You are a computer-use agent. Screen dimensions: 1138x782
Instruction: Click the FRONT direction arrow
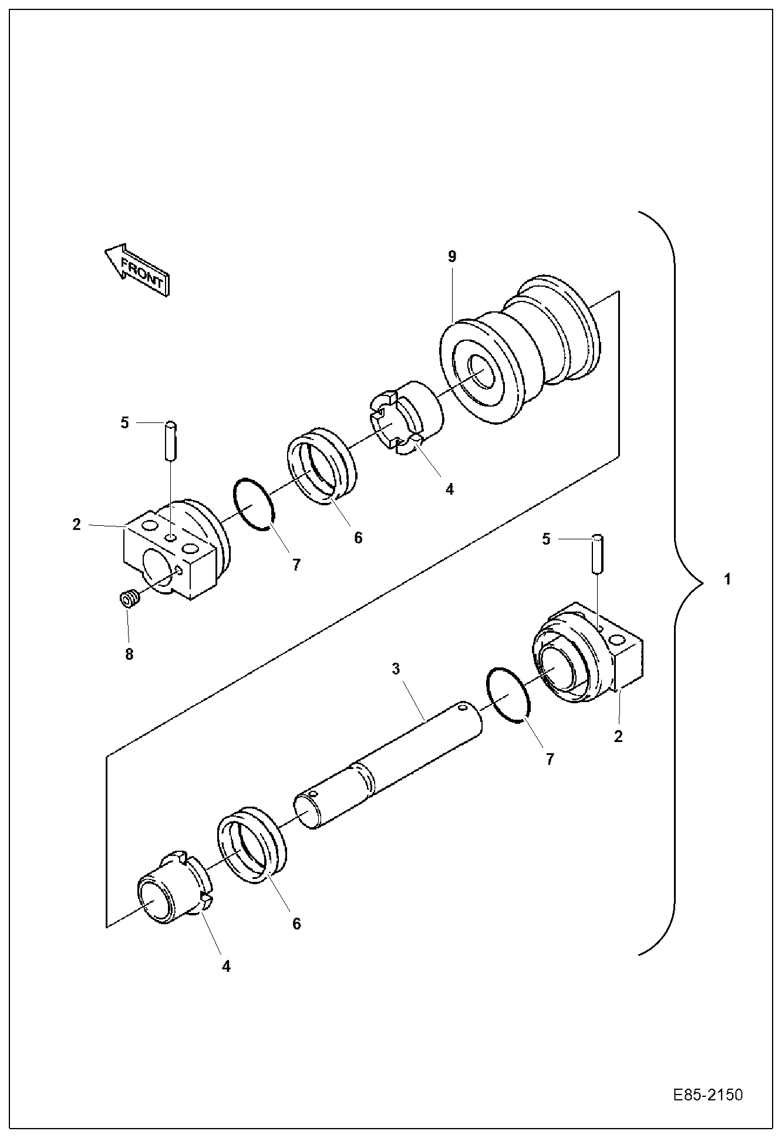click(137, 270)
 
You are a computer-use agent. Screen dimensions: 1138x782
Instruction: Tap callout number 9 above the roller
click(451, 256)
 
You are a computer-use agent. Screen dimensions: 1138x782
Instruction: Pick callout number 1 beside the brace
click(727, 579)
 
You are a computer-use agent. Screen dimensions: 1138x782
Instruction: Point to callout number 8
click(129, 654)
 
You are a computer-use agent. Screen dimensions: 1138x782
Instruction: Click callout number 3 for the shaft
click(396, 669)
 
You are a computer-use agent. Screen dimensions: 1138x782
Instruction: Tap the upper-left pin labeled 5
click(170, 442)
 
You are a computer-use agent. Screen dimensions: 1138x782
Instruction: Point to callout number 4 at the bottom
click(226, 966)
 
